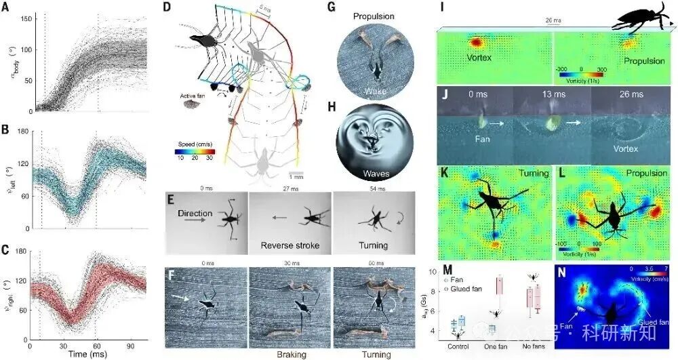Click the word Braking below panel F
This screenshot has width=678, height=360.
(x=290, y=354)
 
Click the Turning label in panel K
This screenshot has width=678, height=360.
(x=534, y=173)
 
